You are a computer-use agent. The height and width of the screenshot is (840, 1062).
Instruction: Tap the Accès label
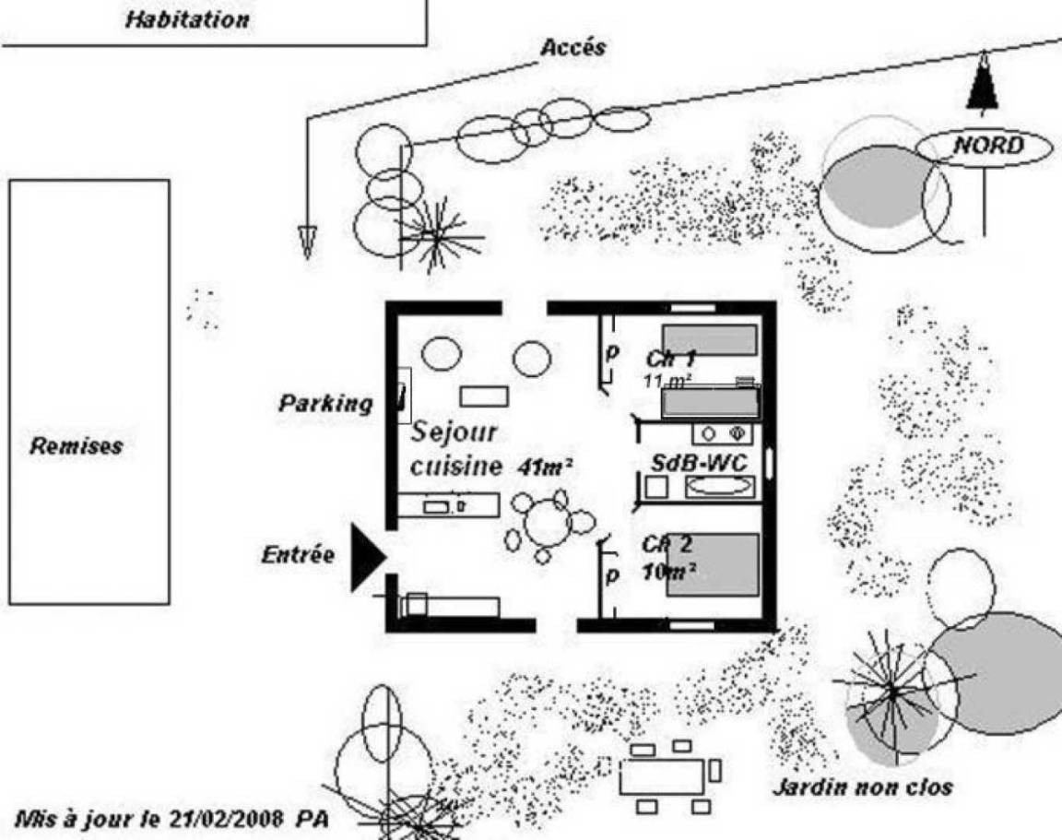point(572,48)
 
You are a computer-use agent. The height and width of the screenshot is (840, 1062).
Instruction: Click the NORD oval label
point(987,146)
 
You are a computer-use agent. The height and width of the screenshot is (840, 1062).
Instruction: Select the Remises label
point(76,446)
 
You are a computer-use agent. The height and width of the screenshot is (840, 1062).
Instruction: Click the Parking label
point(326,403)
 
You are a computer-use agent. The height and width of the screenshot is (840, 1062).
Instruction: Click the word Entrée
point(297,555)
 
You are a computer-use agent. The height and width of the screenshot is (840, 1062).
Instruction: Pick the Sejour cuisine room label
point(454,448)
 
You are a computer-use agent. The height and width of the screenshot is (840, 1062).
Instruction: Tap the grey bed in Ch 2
point(713,564)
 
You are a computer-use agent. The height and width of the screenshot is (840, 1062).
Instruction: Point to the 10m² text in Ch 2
point(668,572)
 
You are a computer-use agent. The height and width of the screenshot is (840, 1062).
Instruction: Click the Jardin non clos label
point(862,787)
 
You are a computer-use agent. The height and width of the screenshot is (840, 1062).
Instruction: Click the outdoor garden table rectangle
point(661,776)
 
